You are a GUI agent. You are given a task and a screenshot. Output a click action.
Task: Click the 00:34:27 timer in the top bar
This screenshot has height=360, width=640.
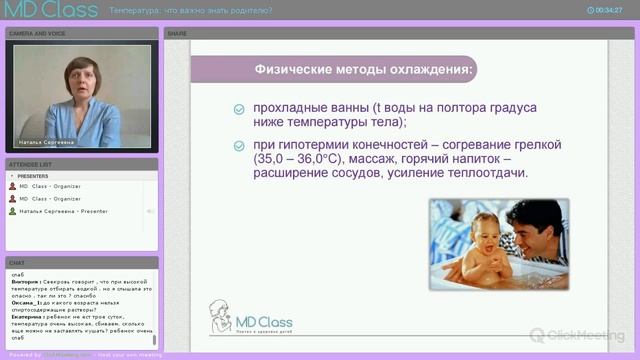coord(607,10)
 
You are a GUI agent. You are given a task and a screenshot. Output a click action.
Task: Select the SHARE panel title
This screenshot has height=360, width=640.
coord(177,33)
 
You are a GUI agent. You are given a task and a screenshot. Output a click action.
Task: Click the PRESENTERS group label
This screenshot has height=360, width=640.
coord(32,176)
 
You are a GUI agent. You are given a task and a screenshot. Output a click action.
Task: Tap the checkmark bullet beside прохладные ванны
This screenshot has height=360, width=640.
coord(237,110)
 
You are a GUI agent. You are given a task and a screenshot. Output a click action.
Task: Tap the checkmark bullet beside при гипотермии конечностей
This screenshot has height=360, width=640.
coord(237,146)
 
